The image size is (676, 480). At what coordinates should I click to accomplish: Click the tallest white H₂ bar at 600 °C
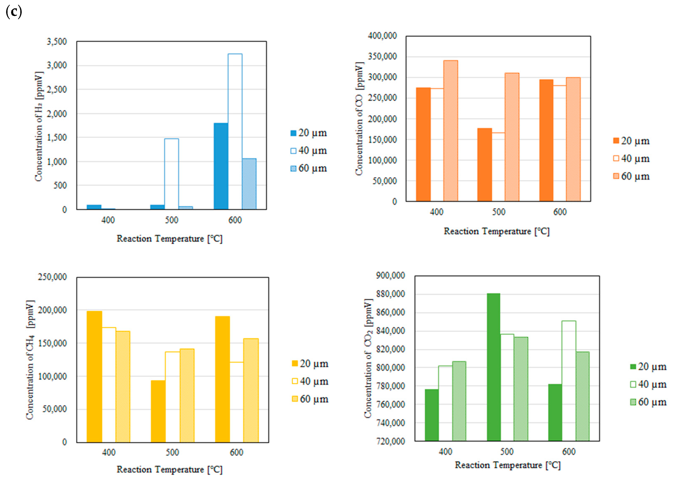(235, 132)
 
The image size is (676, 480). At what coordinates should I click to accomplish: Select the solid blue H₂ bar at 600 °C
(221, 166)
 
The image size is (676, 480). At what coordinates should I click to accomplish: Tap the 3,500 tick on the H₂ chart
(57, 42)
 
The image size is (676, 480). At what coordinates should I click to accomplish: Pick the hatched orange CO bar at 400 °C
(451, 131)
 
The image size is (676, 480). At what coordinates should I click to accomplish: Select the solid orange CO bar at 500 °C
(484, 165)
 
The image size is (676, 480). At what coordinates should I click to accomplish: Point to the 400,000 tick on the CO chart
(382, 36)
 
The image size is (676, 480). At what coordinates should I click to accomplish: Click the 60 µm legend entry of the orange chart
(631, 177)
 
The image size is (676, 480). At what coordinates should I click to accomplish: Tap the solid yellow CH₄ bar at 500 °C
(158, 411)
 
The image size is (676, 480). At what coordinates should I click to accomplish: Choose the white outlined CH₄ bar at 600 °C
(236, 402)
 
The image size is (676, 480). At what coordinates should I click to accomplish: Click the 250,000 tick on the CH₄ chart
(52, 277)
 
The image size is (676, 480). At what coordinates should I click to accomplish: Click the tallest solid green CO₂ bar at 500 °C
(494, 367)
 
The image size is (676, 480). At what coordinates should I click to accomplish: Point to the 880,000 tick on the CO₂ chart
(390, 294)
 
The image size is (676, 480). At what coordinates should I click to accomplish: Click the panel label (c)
(14, 12)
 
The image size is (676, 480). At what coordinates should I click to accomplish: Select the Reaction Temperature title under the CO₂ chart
(508, 465)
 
